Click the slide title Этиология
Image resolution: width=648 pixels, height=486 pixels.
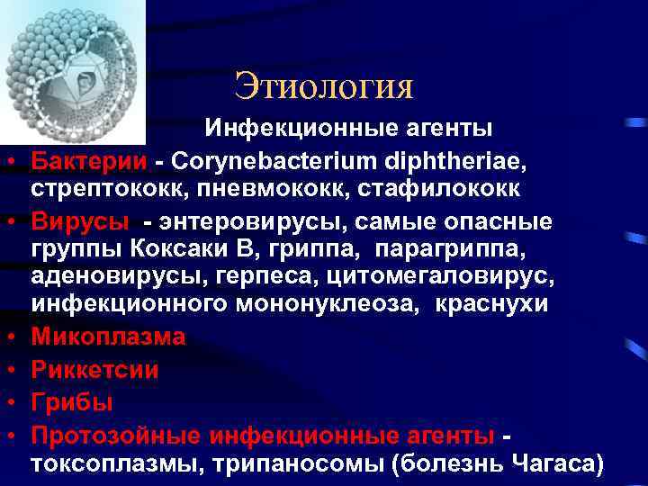(323, 86)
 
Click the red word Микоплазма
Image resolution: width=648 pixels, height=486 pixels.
(109, 337)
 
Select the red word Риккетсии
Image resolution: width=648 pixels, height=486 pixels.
(95, 369)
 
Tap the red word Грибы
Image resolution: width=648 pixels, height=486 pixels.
(72, 401)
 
